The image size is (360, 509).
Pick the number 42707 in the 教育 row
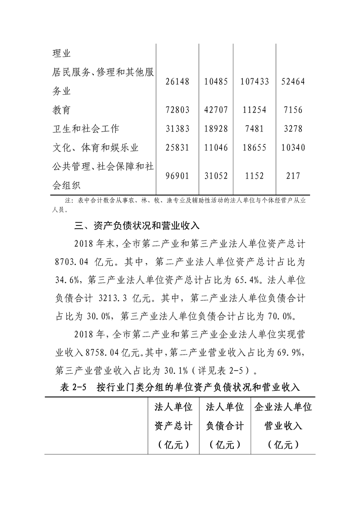point(216,110)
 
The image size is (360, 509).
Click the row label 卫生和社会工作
point(86,129)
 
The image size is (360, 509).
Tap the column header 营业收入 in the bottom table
point(283,426)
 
